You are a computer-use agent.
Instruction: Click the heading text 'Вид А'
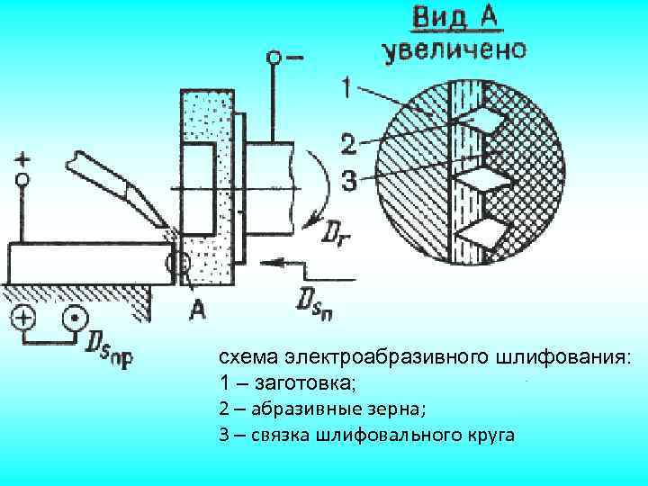pos(454,18)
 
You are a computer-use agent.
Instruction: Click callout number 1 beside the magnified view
pos(349,87)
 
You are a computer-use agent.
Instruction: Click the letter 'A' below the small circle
pos(198,310)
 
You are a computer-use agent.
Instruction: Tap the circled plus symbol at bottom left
pos(22,319)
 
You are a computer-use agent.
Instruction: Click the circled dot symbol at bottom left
pos(74,319)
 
